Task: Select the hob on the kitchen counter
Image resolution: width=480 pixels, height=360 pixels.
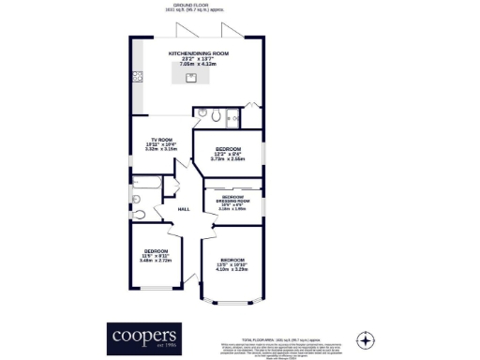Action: [x=137, y=76]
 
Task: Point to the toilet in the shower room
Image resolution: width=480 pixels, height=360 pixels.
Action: [x=215, y=116]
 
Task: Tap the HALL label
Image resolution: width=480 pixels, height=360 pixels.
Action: [x=184, y=209]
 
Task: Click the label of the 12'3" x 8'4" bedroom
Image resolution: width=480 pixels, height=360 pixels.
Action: [x=228, y=149]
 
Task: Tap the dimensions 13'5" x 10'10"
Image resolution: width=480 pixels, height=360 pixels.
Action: [x=232, y=264]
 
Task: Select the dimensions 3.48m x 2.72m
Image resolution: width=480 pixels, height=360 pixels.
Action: [x=155, y=261]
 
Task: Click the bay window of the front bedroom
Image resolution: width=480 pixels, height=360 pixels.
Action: [x=232, y=303]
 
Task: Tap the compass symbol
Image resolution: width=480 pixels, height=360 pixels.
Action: [x=366, y=338]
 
